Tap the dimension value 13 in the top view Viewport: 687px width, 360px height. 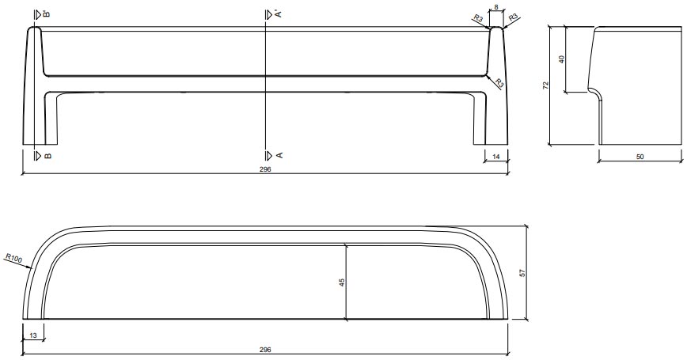(32, 335)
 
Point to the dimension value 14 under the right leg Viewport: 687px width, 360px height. (496, 157)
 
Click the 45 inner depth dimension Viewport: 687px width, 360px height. (342, 282)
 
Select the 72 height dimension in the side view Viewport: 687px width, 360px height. (545, 85)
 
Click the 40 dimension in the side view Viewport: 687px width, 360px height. (561, 60)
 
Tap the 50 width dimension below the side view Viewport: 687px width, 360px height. (640, 157)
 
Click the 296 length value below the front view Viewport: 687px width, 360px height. (265, 169)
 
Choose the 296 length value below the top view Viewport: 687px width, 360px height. (265, 349)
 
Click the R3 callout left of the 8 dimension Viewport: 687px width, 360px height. (477, 19)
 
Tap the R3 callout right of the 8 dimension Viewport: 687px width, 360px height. (513, 17)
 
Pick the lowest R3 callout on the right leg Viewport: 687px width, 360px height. (499, 82)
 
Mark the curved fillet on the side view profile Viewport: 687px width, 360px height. (594, 93)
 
